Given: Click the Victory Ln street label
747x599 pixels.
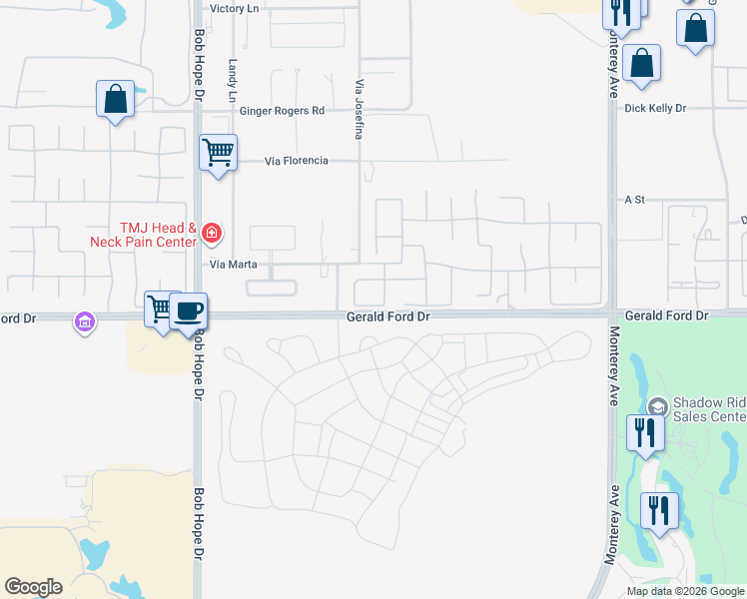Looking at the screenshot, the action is coord(234,8).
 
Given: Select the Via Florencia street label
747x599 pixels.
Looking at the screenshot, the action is coord(296,161).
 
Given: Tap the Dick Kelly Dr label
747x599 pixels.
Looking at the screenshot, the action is coord(655,108).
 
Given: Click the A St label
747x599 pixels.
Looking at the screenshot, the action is coord(635,200).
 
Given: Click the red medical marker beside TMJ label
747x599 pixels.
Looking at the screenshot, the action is coord(211,234).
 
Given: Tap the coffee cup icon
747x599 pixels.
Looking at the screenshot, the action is coord(188,310).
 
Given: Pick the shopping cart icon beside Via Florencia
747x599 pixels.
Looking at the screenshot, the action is coord(218,153).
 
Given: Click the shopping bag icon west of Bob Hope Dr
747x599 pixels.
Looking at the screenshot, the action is coord(116,99).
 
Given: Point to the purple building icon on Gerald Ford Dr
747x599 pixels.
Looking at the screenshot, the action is coord(84,322).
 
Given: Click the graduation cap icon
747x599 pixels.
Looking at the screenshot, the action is coord(657,406).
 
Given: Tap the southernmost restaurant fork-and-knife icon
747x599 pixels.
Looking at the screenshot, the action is coord(659,511).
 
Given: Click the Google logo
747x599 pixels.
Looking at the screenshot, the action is coord(33,587).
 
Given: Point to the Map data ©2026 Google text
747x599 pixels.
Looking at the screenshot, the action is coord(686,591).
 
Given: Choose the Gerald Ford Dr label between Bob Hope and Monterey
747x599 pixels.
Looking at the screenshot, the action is coord(387,316).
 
